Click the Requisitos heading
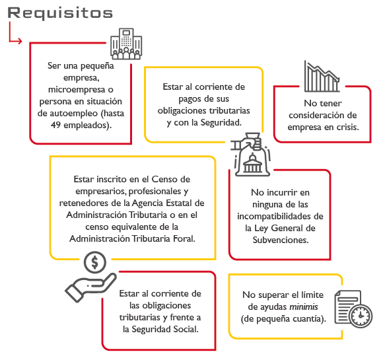60,13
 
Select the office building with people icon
126,44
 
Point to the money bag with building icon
251,155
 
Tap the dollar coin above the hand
95,262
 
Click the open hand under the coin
91,288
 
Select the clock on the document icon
361,316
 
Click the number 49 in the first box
55,125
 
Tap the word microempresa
77,89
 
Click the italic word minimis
304,306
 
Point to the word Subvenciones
281,240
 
